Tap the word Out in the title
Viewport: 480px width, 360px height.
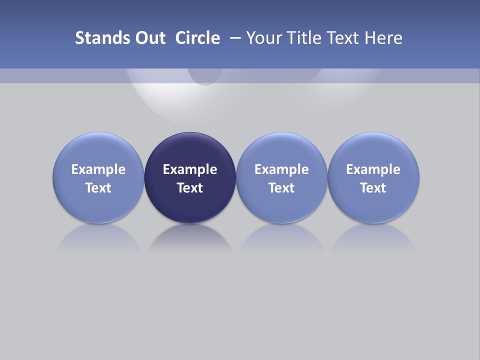(x=150, y=38)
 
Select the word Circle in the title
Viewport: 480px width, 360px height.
(x=197, y=38)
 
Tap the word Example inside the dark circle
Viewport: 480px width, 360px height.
(x=190, y=169)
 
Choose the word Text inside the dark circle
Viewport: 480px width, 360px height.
(x=190, y=188)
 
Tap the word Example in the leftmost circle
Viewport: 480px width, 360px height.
(x=98, y=169)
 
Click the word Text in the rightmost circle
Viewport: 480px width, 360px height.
(x=373, y=188)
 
